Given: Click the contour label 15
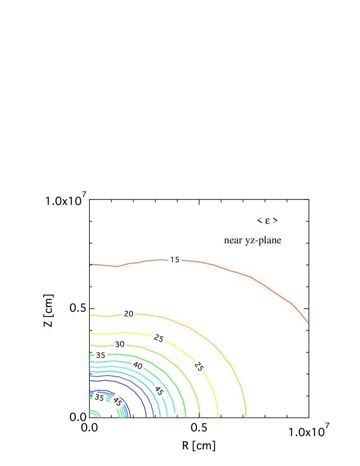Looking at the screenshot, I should click(x=174, y=260).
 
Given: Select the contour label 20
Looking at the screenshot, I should click(x=129, y=314).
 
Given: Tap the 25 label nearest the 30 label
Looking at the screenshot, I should click(x=159, y=339).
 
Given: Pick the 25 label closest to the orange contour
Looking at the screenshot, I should click(x=199, y=367).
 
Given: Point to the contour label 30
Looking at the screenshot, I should click(x=120, y=344).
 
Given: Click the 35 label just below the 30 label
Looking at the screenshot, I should click(x=101, y=355).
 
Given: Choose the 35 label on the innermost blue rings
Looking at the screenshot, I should click(x=99, y=398).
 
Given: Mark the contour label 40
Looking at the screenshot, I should click(x=137, y=366).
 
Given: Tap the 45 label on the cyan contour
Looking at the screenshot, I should click(x=159, y=391).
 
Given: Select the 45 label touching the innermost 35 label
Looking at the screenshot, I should click(x=117, y=402).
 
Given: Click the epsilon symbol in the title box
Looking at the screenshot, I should click(x=267, y=221).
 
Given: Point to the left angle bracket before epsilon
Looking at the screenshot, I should click(x=259, y=221).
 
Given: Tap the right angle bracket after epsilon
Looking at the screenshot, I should click(x=275, y=221).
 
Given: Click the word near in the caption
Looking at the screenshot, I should click(x=233, y=240).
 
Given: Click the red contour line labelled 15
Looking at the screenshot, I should click(x=252, y=277).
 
